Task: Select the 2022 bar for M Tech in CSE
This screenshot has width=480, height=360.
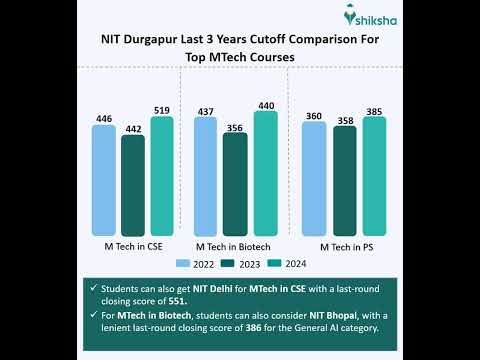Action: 104,180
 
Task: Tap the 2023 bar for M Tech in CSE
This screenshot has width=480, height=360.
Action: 133,185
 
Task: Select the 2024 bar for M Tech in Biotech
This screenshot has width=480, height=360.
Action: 265,173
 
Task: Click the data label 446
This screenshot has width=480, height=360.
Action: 104,119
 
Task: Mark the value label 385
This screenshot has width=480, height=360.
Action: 374,110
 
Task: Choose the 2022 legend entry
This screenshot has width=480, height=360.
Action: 196,263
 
